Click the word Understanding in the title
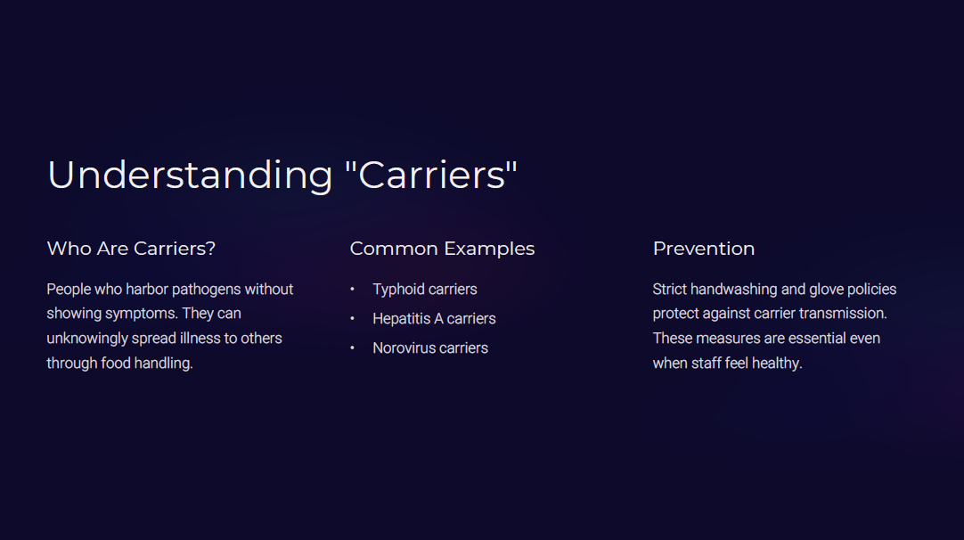190,176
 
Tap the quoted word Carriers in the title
431,175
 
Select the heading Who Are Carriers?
131,249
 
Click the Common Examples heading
442,249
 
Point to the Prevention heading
703,249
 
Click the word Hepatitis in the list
402,319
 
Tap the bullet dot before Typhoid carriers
352,289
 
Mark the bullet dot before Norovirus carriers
352,348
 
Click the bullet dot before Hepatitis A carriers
352,319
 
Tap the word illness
200,339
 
